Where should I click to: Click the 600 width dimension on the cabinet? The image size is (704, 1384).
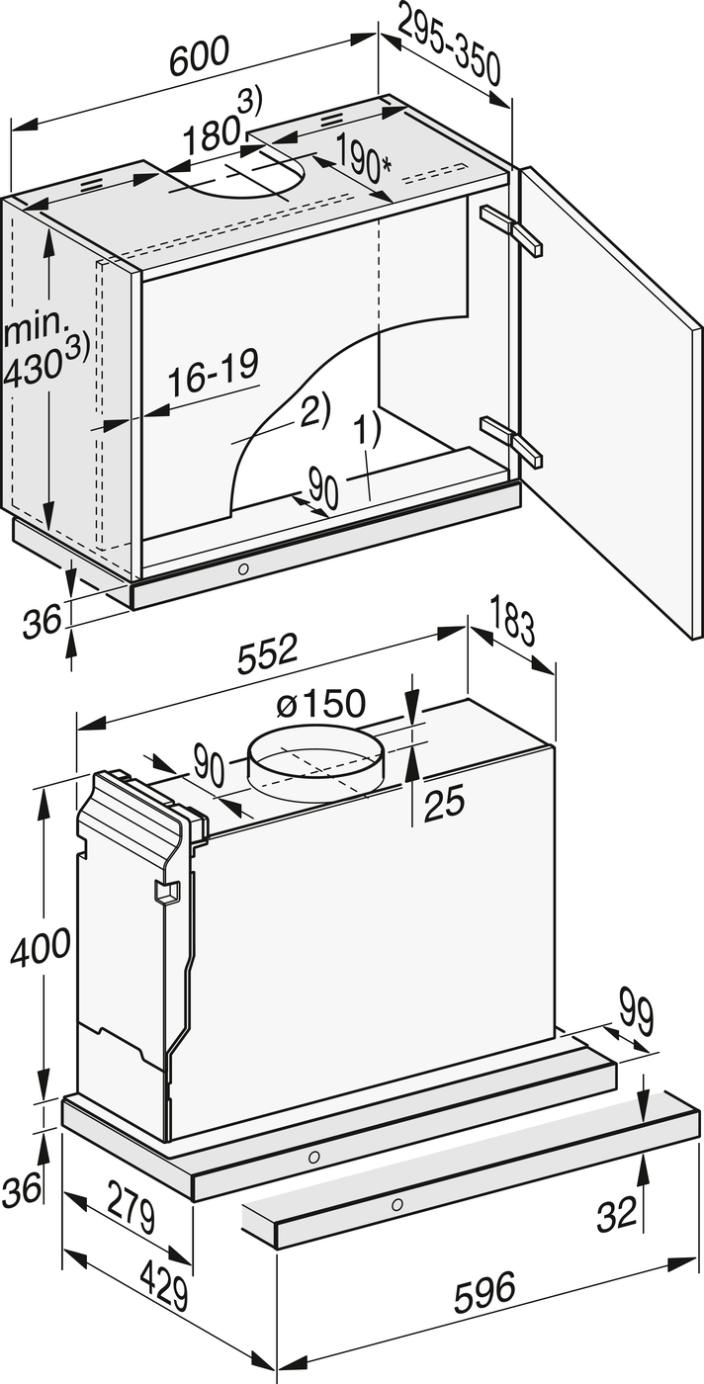[199, 56]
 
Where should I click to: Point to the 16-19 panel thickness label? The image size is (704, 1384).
[212, 373]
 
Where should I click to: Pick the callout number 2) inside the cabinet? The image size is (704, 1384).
[315, 410]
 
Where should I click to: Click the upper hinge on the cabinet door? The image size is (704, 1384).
[511, 229]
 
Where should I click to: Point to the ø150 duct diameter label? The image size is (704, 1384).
[320, 703]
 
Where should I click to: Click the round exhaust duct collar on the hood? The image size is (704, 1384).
[315, 765]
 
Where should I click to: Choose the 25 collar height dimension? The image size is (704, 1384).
[444, 803]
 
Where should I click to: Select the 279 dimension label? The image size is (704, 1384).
[132, 1205]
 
